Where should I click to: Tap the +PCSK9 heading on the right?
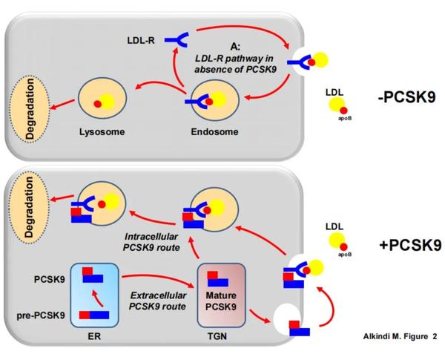[x=405, y=245]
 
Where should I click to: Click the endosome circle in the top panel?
[x=213, y=102]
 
